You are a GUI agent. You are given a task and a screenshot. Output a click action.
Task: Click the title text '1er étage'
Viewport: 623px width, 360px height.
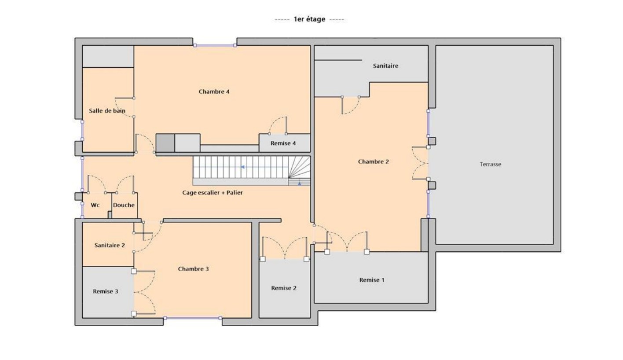point(309,19)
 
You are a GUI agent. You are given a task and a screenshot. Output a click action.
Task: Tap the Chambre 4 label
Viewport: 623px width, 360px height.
point(214,92)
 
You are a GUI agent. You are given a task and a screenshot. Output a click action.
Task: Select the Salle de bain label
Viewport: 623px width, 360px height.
point(107,111)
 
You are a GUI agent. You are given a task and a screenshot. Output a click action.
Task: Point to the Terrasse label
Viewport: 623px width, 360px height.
point(490,164)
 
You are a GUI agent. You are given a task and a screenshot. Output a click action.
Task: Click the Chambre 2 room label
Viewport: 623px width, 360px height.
point(373,162)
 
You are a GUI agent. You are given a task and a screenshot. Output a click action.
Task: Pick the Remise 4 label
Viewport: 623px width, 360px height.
point(283,143)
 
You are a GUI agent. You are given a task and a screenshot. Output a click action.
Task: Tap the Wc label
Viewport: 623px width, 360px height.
point(95,205)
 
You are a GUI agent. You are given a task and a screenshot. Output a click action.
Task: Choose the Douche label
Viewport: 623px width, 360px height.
point(124,205)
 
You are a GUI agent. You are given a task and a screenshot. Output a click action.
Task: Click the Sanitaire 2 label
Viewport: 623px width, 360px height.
point(110,246)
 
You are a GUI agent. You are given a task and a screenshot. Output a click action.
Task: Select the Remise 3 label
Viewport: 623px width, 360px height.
point(106,291)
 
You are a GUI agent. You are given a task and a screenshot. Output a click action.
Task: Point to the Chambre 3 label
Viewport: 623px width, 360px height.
point(193,269)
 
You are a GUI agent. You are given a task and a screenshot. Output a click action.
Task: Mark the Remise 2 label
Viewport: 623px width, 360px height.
point(284,288)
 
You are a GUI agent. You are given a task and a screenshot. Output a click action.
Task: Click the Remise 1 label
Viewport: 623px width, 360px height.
point(372,280)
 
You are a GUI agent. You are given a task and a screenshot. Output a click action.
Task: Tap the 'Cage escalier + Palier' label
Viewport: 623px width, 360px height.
point(213,192)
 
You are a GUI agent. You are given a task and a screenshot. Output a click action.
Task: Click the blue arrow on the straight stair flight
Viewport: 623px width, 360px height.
point(242,167)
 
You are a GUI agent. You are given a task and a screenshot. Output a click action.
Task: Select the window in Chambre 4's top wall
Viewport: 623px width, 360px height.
point(215,45)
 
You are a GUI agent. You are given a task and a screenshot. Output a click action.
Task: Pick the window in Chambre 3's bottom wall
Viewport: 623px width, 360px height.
point(193,318)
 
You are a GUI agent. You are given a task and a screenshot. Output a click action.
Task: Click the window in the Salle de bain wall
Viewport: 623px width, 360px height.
point(82,130)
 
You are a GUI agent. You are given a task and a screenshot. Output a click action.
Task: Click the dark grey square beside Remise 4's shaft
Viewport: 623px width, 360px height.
point(165,143)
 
